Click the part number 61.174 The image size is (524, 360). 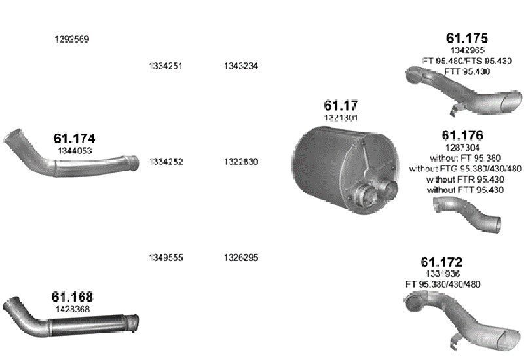point(75,139)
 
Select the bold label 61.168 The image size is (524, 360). point(72,297)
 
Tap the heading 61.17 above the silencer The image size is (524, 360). point(341,105)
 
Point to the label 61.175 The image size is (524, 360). point(467,38)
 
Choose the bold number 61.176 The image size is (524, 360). point(462,135)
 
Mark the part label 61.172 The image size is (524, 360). point(441,262)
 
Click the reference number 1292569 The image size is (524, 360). point(72,39)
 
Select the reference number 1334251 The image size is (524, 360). point(166,66)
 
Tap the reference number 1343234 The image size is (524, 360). point(241,66)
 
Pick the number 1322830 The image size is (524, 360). point(241,162)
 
